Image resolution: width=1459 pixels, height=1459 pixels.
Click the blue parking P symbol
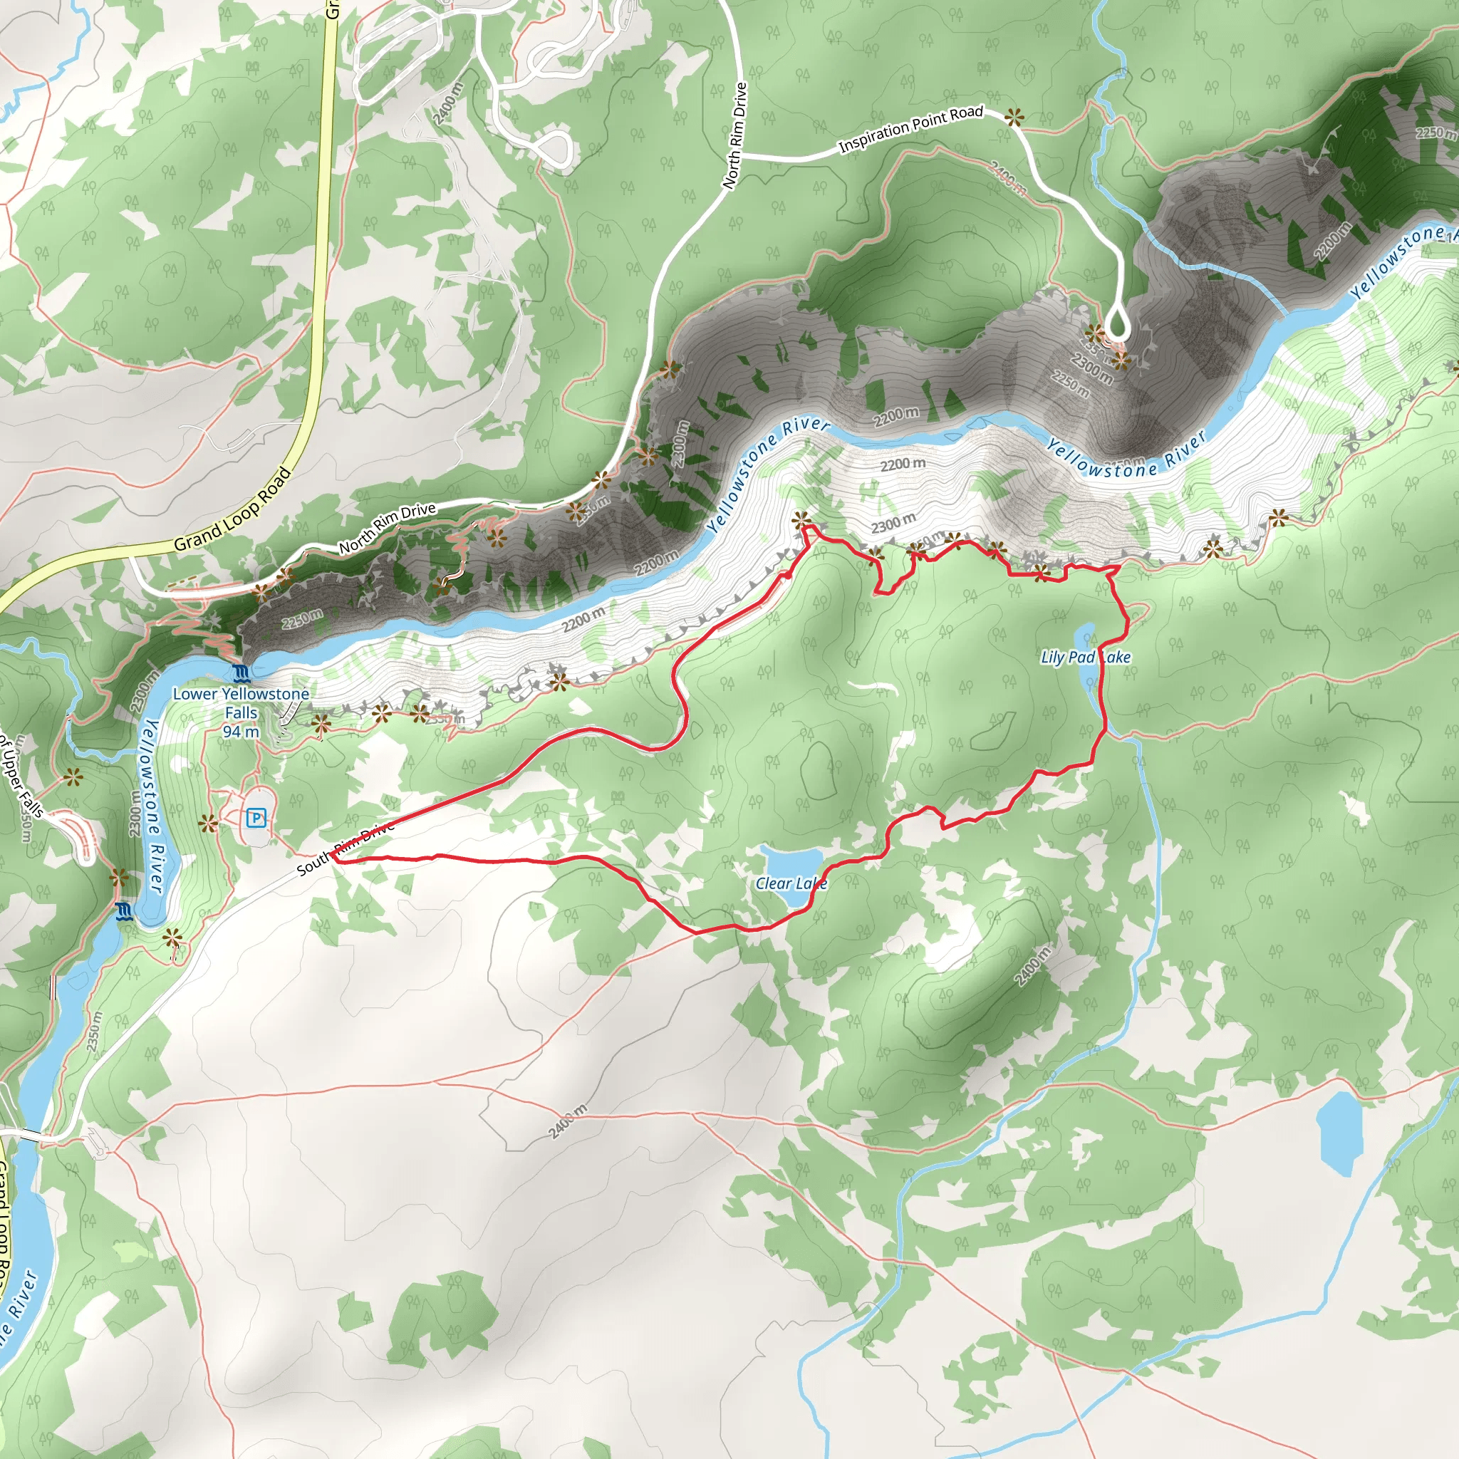tap(256, 817)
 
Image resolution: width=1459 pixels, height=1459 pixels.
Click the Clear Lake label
tap(791, 883)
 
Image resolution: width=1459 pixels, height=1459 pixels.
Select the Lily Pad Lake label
tap(1084, 657)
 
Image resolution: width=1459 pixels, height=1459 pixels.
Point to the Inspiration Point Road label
tap(910, 128)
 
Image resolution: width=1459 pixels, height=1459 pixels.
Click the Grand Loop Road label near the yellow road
tap(232, 511)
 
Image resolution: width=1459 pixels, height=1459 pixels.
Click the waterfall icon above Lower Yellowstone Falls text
tap(241, 672)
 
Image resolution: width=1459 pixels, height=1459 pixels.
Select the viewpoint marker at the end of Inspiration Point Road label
tap(1014, 116)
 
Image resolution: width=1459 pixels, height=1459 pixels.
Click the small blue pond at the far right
tap(1339, 1131)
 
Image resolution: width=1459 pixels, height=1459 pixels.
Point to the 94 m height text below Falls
tap(241, 731)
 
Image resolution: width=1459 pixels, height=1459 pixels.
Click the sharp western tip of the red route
tap(332, 857)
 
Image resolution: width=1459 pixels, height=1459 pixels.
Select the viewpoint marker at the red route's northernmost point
tap(801, 519)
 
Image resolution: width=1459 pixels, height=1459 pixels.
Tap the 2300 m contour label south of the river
tap(893, 523)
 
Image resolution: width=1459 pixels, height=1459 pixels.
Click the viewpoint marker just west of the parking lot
tap(208, 823)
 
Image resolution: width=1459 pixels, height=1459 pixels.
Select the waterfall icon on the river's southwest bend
tap(125, 911)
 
